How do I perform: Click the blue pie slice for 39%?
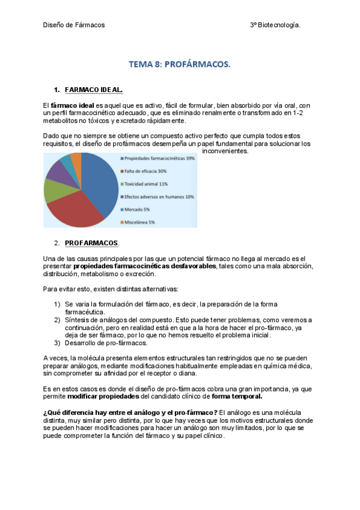[101, 180]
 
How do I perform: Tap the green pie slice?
[53, 191]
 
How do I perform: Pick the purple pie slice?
[56, 171]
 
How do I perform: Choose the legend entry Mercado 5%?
[140, 209]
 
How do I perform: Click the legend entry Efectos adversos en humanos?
[159, 197]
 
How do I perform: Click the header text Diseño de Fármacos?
[74, 25]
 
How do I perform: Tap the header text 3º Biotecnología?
[275, 25]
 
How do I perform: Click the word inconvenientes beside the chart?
[225, 151]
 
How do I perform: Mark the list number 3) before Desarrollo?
[57, 343]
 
